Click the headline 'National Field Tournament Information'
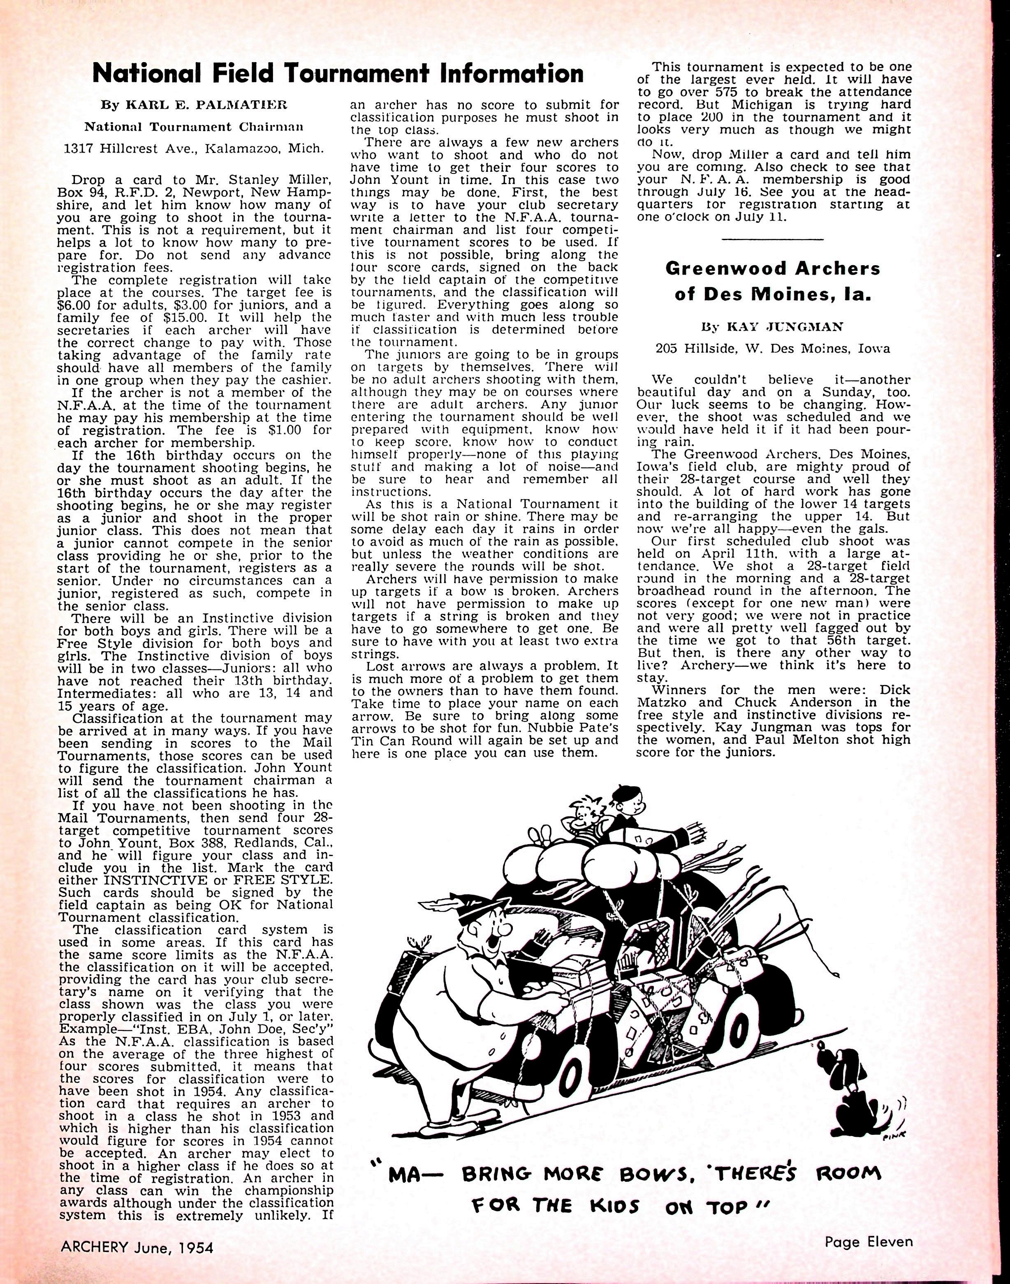pos(338,74)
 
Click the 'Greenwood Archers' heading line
pos(773,269)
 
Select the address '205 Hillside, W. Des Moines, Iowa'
pos(773,349)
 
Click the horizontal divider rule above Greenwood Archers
pos(773,239)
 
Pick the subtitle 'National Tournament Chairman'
pos(195,127)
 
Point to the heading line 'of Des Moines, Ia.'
pos(773,295)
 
